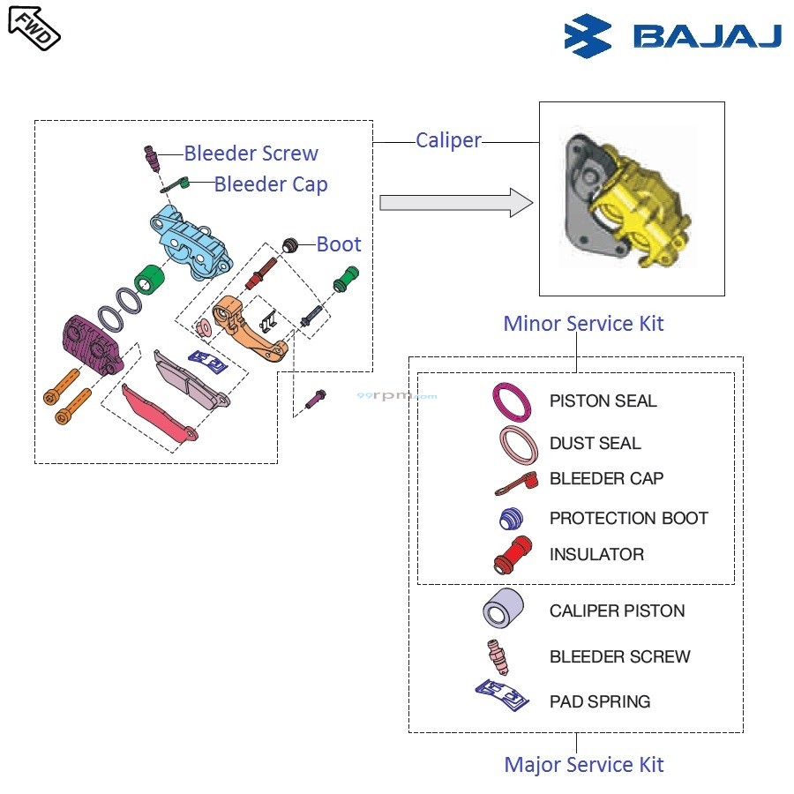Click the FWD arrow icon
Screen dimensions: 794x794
tap(34, 26)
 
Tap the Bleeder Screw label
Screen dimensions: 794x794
tap(251, 154)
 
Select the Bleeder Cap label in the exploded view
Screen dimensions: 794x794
tap(271, 184)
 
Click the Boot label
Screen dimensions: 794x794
tap(339, 244)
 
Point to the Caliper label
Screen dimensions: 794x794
tap(448, 140)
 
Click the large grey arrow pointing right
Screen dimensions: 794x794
tap(455, 204)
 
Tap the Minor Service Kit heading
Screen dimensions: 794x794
tap(583, 324)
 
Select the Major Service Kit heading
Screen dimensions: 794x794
tap(583, 764)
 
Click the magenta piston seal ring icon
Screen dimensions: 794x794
tap(513, 401)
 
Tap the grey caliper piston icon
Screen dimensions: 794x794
tap(504, 609)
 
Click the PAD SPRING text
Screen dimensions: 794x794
tap(600, 702)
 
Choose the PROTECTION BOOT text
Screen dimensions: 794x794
tap(628, 518)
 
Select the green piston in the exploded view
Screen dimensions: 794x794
tap(150, 282)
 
